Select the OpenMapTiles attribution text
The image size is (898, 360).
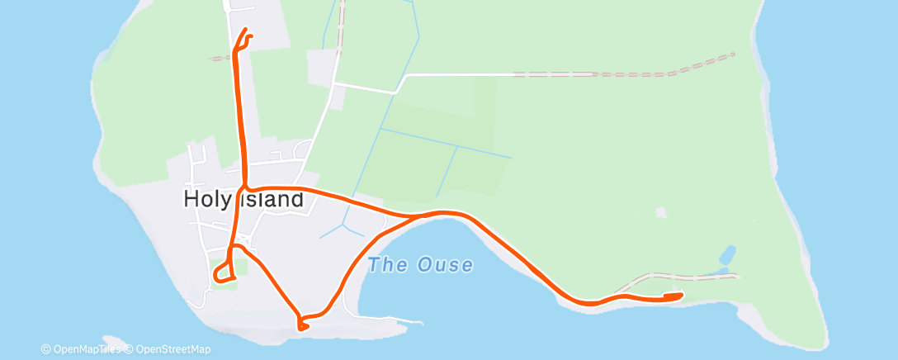(86, 349)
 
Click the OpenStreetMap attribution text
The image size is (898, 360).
(173, 349)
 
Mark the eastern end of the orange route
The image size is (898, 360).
(680, 295)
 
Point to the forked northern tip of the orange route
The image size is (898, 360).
(246, 33)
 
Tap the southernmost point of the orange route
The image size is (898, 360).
(303, 328)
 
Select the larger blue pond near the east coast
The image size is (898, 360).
(728, 253)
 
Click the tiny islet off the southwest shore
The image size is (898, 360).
(114, 341)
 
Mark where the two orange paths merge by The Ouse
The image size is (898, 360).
(418, 216)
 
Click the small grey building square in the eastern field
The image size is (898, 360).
(660, 213)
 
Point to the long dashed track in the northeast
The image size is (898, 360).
(627, 73)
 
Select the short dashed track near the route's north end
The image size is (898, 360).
(220, 59)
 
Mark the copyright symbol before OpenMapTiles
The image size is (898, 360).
(46, 349)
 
